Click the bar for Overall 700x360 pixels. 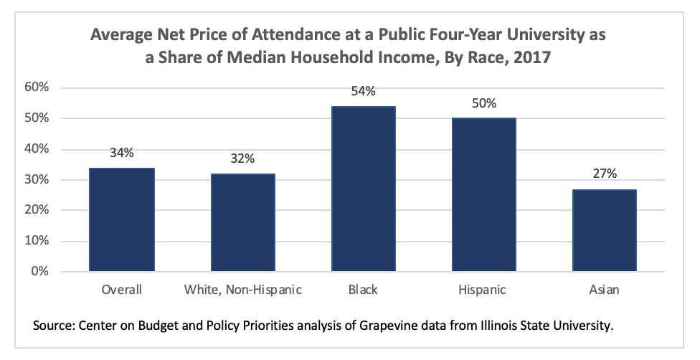(x=121, y=219)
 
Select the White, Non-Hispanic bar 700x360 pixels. (x=242, y=222)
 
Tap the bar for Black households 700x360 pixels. (x=362, y=189)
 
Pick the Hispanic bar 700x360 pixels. (x=483, y=194)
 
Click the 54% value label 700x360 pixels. (x=363, y=92)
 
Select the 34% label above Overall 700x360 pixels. (x=121, y=153)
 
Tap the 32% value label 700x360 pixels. (x=242, y=158)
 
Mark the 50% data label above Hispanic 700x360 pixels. (x=483, y=103)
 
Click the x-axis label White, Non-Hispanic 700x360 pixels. (x=242, y=290)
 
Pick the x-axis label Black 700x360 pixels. (x=362, y=290)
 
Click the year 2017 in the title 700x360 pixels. (x=528, y=59)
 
